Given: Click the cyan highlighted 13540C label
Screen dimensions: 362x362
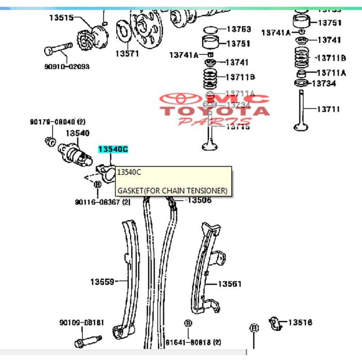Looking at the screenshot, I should [113, 149].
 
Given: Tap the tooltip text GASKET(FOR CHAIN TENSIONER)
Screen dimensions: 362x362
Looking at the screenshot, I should [172, 190].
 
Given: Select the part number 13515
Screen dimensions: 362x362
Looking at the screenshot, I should [62, 18].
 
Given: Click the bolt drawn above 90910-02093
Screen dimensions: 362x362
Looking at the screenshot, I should [57, 49].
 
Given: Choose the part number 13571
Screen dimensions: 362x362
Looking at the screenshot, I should [127, 53].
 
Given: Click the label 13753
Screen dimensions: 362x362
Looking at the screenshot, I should [238, 29].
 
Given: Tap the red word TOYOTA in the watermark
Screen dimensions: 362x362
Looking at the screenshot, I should [214, 110].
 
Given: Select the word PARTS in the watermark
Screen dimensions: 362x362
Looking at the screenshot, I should [206, 121].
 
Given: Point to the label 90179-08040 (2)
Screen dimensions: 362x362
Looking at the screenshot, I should [57, 122].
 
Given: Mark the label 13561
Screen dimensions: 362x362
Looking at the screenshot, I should [229, 284].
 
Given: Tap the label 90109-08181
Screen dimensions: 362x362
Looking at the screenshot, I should [81, 323].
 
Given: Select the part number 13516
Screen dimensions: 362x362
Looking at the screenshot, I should [300, 323].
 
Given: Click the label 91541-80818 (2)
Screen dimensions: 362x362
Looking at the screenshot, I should [193, 342].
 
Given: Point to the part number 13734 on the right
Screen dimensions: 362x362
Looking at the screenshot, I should [324, 83].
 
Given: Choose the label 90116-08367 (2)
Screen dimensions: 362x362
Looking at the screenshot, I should [102, 202].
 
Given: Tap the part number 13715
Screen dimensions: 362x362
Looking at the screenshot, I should [238, 127].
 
